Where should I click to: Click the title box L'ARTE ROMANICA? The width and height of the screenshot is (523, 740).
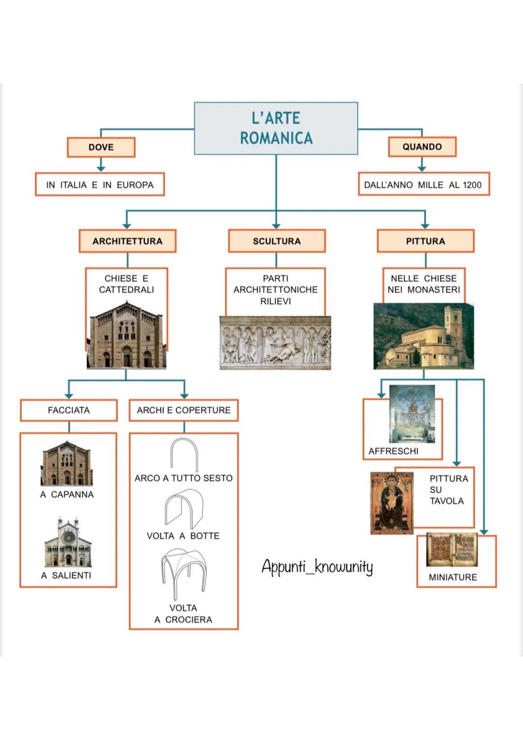276,128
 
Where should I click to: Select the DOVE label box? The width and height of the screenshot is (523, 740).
101,147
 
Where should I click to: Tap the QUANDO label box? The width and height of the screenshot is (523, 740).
422,147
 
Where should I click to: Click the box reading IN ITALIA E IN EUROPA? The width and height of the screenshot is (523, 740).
100,185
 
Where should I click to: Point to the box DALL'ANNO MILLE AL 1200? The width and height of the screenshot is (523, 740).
423,185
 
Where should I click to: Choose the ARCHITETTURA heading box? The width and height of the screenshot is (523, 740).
127,241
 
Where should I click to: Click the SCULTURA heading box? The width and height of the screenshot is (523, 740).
277,241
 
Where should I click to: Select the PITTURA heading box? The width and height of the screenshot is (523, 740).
425,241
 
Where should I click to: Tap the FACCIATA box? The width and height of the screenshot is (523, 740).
69,410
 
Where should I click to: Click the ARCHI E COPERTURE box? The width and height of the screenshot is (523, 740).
184,410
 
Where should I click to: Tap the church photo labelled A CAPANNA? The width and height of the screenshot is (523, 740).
67,463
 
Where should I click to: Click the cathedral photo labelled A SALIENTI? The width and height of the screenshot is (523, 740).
68,542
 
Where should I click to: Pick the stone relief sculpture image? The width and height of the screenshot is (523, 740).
275,343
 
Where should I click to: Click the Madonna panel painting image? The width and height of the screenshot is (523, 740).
392,503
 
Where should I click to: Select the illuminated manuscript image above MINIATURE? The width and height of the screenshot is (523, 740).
452,550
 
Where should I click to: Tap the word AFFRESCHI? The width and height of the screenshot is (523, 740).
393,451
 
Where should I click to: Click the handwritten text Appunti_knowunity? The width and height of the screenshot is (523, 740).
317,566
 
